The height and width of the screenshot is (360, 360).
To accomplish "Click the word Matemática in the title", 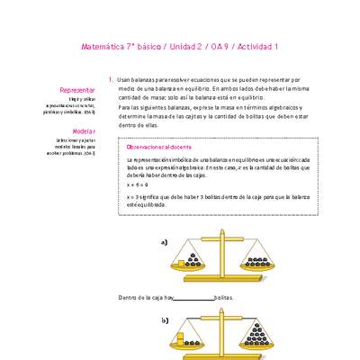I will point(102,45).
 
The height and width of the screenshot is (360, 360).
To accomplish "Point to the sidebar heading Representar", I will point(76,91).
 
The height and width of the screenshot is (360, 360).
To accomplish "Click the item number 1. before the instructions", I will point(110,79).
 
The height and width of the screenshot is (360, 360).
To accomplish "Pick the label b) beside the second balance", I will point(165,320).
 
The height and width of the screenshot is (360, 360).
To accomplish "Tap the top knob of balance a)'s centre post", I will point(223,238).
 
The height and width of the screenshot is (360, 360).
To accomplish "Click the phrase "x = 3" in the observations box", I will point(133,195).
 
